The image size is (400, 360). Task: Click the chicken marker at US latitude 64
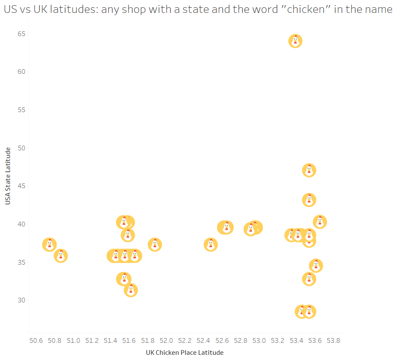click(295, 41)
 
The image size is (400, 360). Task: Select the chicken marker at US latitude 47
click(309, 170)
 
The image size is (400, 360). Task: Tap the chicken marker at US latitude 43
click(309, 200)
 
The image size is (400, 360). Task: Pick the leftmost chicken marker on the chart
click(49, 244)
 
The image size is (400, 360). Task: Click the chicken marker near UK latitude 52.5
click(211, 244)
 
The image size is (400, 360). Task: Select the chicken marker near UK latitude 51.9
click(155, 244)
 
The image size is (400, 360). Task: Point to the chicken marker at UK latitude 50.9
click(61, 256)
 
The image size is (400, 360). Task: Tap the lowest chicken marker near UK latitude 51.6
click(131, 290)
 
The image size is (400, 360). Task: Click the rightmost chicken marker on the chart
click(320, 222)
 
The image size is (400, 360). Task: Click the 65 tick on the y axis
click(21, 34)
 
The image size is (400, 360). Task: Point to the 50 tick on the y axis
click(21, 148)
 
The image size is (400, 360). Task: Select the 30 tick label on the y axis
click(21, 300)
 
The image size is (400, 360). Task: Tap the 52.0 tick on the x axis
click(166, 341)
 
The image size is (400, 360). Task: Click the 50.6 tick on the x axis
click(36, 341)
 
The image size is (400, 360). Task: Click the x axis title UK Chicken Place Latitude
click(185, 353)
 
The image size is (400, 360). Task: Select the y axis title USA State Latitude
click(8, 176)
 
